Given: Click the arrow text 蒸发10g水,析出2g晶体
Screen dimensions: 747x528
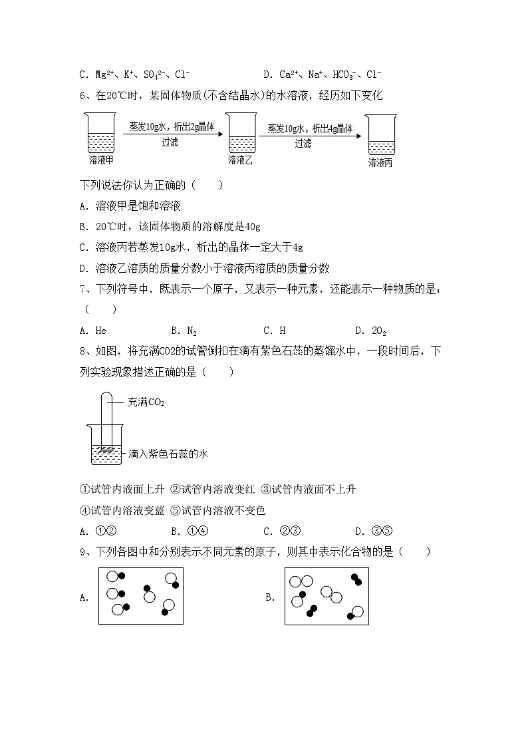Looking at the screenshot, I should coord(172,127).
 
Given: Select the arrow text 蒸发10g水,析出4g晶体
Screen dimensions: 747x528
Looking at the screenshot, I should coord(310,128).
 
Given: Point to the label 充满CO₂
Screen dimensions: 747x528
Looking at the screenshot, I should coord(146,402).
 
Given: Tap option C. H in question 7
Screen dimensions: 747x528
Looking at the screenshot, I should coord(275,330).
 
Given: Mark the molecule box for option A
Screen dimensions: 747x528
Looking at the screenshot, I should coord(140,596).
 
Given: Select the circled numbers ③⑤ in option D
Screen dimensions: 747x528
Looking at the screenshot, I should coord(383,531).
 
